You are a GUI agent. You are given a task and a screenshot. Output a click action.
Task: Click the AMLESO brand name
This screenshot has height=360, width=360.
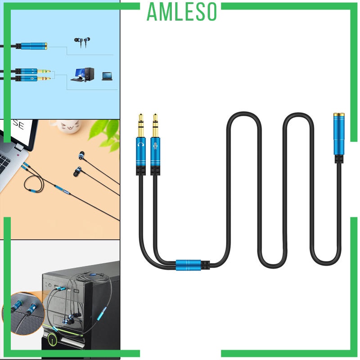[182, 12]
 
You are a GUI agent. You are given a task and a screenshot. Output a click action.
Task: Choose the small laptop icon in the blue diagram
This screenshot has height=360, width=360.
[107, 76]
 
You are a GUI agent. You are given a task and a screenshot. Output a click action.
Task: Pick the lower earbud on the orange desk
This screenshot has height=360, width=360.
[76, 172]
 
